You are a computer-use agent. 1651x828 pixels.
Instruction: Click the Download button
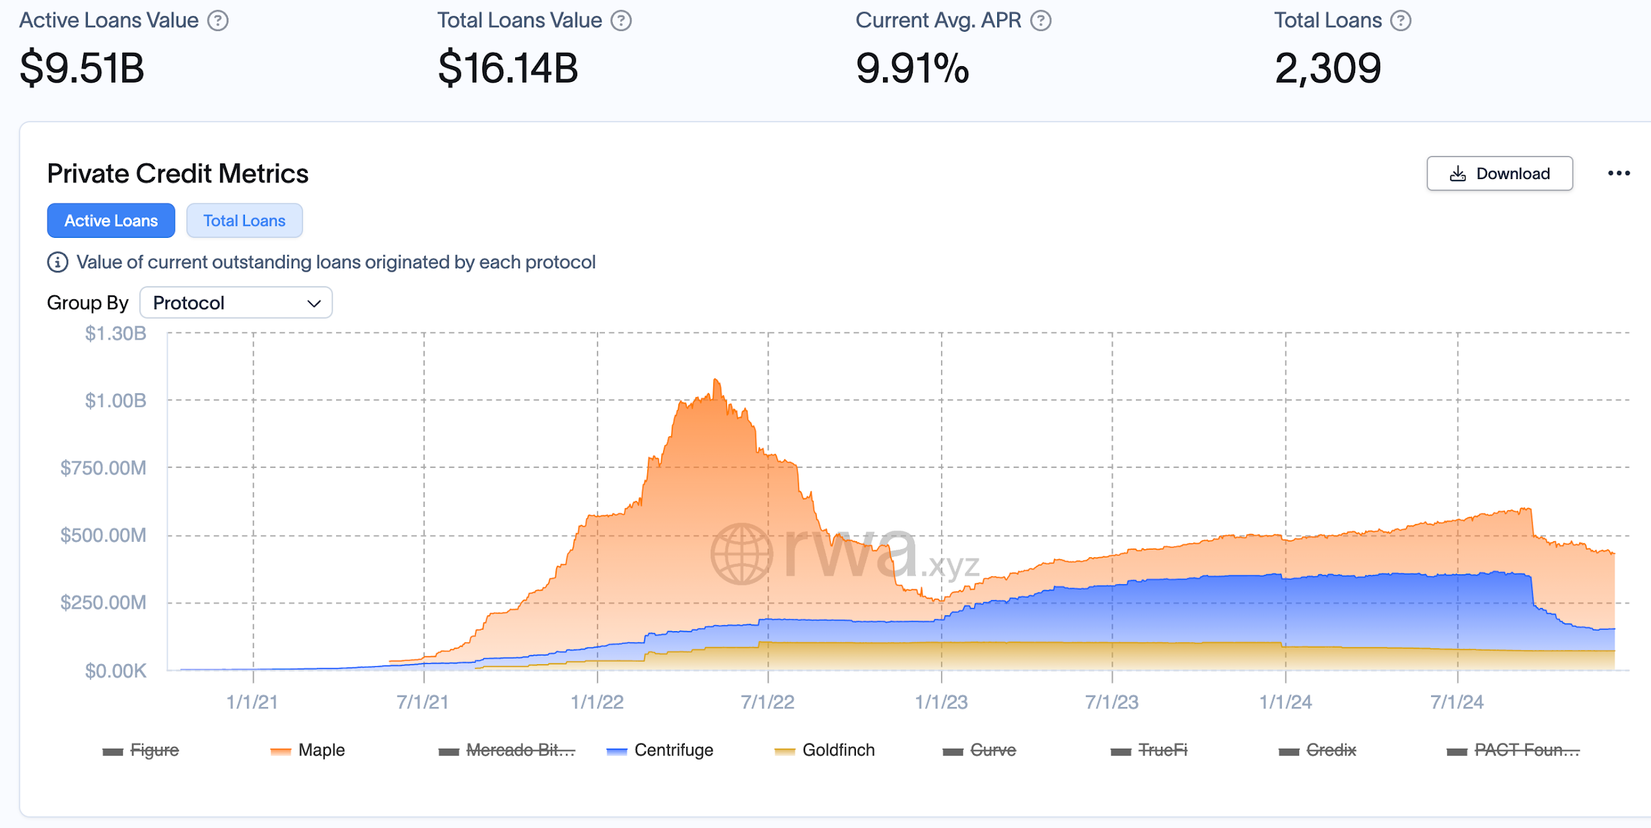click(x=1499, y=174)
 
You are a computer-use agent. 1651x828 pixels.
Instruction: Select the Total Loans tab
click(x=244, y=221)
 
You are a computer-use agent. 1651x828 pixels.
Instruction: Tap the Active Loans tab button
click(x=111, y=221)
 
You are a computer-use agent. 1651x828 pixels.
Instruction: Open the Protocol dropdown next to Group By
click(x=236, y=303)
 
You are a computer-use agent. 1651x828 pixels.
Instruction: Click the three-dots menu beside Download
click(x=1619, y=173)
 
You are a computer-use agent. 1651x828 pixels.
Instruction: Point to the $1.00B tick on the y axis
click(x=116, y=400)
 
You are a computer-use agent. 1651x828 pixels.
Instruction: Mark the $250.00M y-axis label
click(x=103, y=603)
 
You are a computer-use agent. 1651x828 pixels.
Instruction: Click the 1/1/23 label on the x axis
click(x=941, y=702)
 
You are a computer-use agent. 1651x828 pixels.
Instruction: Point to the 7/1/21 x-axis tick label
click(x=423, y=702)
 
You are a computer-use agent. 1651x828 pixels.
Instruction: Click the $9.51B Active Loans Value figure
click(x=82, y=68)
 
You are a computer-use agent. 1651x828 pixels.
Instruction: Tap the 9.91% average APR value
click(x=912, y=68)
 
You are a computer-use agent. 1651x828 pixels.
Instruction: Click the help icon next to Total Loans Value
click(x=621, y=21)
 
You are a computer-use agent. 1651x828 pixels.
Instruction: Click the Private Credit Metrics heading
click(x=178, y=174)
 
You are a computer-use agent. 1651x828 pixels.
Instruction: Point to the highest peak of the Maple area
click(x=716, y=380)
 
